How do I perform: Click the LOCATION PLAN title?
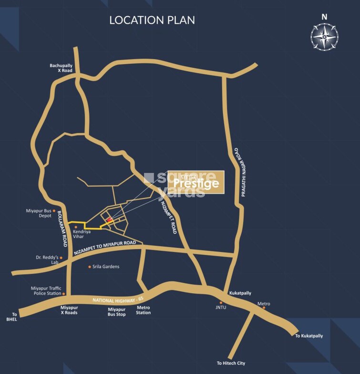(152, 20)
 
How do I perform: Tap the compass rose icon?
(325, 37)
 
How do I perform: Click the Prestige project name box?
(197, 182)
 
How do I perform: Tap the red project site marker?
(109, 220)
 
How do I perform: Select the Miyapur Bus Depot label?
(39, 212)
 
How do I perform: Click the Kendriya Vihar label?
(82, 234)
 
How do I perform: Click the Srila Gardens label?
(106, 267)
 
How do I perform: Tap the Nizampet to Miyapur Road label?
(108, 248)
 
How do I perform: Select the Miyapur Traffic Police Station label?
(46, 291)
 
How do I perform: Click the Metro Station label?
(143, 310)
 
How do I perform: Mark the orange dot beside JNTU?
(221, 303)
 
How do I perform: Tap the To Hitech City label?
(231, 363)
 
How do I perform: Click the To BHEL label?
(15, 317)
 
